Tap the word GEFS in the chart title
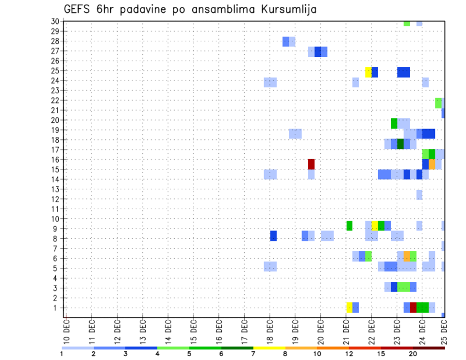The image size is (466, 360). tap(78, 9)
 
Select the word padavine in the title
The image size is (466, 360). tap(149, 10)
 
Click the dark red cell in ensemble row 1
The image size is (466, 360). tap(413, 308)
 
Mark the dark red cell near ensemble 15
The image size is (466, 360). tap(311, 164)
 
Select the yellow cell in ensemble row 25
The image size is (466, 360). tap(368, 72)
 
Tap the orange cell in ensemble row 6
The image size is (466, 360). tap(407, 256)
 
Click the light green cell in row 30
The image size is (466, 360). tap(407, 23)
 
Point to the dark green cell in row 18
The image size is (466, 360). tap(400, 144)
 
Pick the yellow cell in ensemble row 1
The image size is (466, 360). tap(349, 308)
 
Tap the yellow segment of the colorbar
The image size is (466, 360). tap(269, 348)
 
